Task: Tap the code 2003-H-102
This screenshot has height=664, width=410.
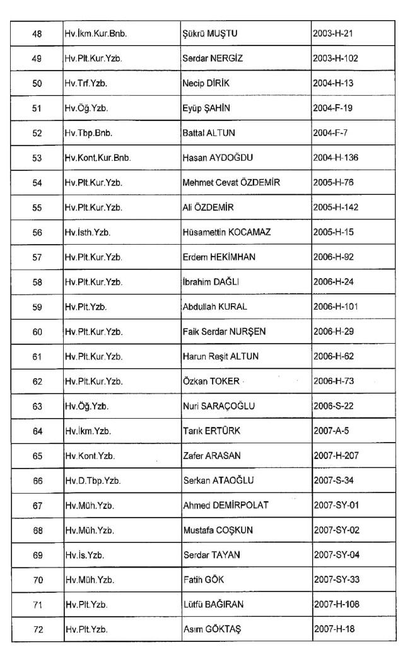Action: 336,59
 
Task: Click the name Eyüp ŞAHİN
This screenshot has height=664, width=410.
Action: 206,108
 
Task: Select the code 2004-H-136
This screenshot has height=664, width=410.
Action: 336,158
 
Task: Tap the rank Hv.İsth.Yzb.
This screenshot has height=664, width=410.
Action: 88,233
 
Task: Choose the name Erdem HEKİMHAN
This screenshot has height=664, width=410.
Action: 214,257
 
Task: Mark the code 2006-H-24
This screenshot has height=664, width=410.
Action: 334,282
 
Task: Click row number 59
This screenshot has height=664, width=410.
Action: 37,307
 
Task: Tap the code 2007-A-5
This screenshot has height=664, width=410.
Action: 331,431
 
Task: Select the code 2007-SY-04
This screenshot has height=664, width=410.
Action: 336,555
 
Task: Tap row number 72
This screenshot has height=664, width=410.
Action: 37,629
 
